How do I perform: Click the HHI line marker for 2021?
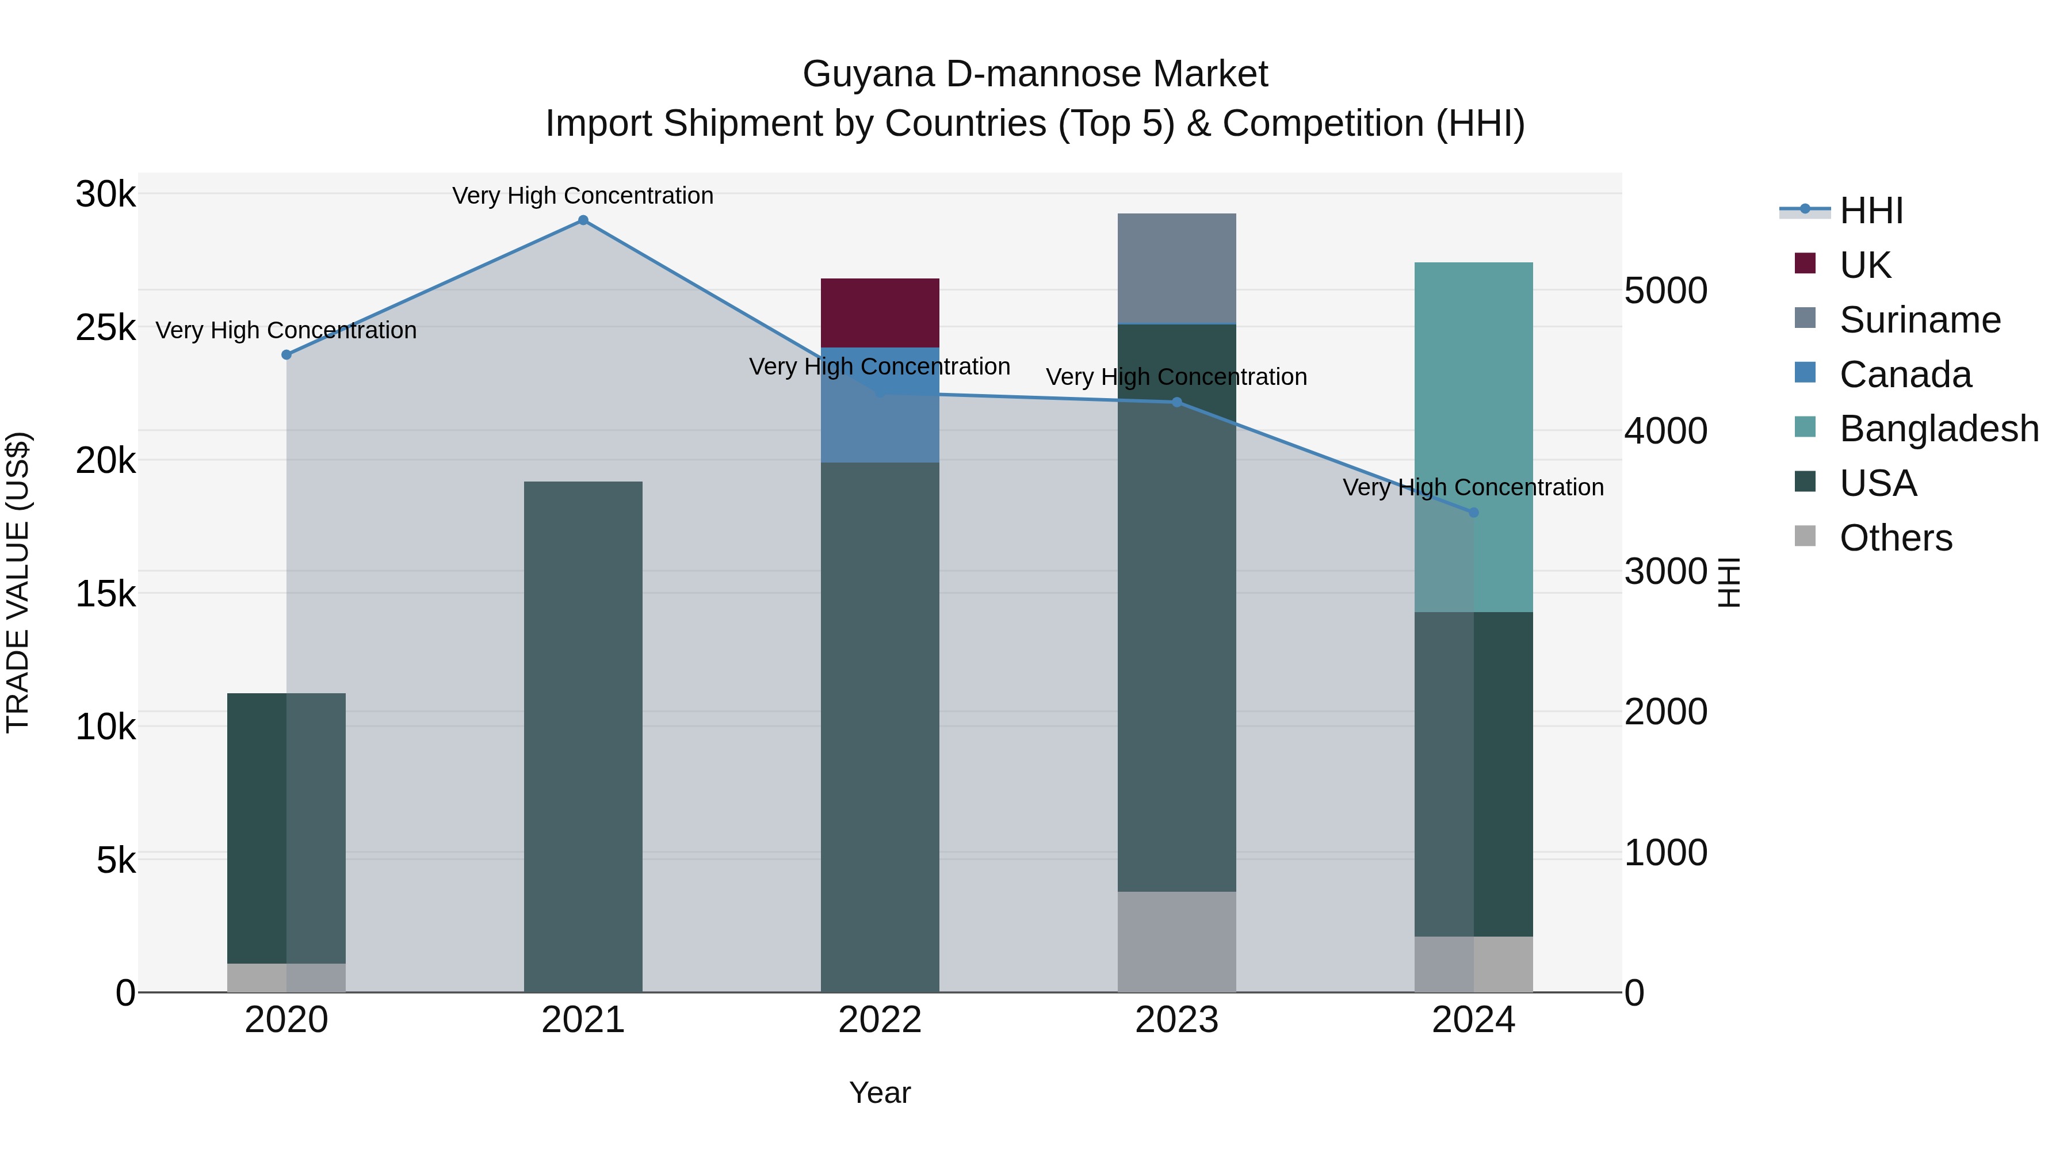click(x=583, y=220)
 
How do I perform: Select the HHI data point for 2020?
click(x=286, y=354)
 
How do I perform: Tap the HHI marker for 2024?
click(x=1473, y=512)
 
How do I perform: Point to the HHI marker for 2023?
click(x=1176, y=402)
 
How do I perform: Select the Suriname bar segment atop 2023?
click(x=1176, y=269)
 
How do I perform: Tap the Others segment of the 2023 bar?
click(x=1176, y=941)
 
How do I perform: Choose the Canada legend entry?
click(x=1905, y=375)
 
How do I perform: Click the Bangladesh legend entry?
click(x=1938, y=429)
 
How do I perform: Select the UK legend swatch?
click(x=1805, y=263)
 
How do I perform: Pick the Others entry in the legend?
click(x=1895, y=538)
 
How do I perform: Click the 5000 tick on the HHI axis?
click(x=1665, y=291)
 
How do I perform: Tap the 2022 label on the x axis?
click(x=880, y=1020)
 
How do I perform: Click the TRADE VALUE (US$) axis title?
click(x=18, y=583)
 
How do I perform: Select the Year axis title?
click(x=880, y=1093)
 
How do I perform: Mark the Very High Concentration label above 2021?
click(x=583, y=196)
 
